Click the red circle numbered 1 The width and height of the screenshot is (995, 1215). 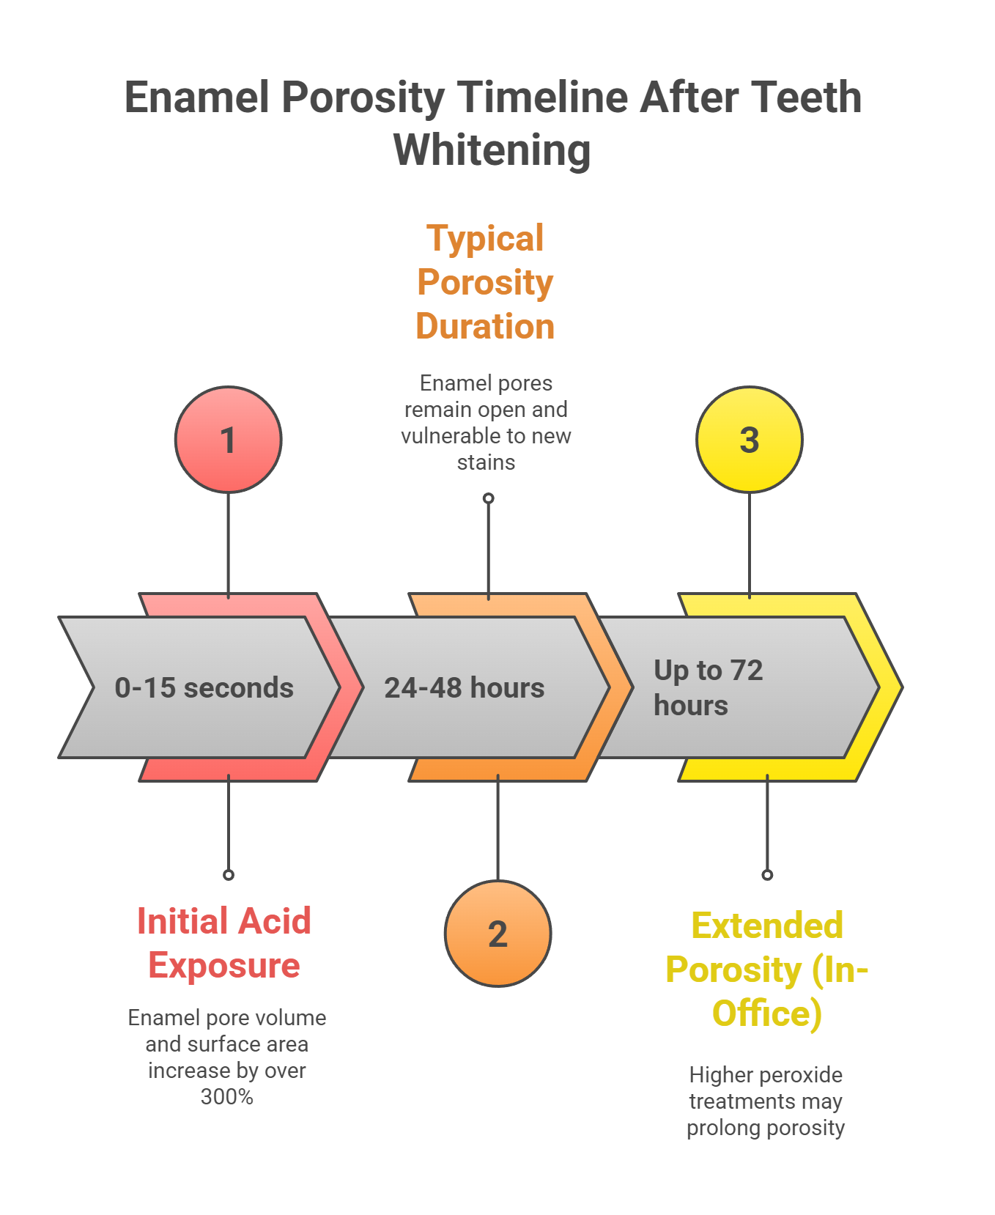228,440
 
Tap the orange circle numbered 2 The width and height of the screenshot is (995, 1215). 497,934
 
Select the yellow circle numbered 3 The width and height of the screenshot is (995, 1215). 749,440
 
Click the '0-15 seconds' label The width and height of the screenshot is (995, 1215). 204,688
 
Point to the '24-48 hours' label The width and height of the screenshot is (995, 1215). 464,688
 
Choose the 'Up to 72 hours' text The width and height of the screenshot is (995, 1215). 708,687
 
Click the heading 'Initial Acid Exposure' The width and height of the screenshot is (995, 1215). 224,943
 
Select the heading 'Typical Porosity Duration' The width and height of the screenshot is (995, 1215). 485,282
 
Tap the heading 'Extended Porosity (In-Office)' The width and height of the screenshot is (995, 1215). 766,970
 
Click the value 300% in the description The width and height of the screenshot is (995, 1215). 226,1097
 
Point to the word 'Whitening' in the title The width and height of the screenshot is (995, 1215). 492,150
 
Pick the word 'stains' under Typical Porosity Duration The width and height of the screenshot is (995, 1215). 486,462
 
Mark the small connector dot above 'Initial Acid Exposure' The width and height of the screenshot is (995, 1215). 229,875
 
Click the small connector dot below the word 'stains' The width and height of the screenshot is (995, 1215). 489,498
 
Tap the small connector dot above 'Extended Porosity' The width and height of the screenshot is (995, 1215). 767,875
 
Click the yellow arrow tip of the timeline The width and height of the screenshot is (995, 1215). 890,687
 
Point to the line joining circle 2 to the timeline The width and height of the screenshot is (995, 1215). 497,828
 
